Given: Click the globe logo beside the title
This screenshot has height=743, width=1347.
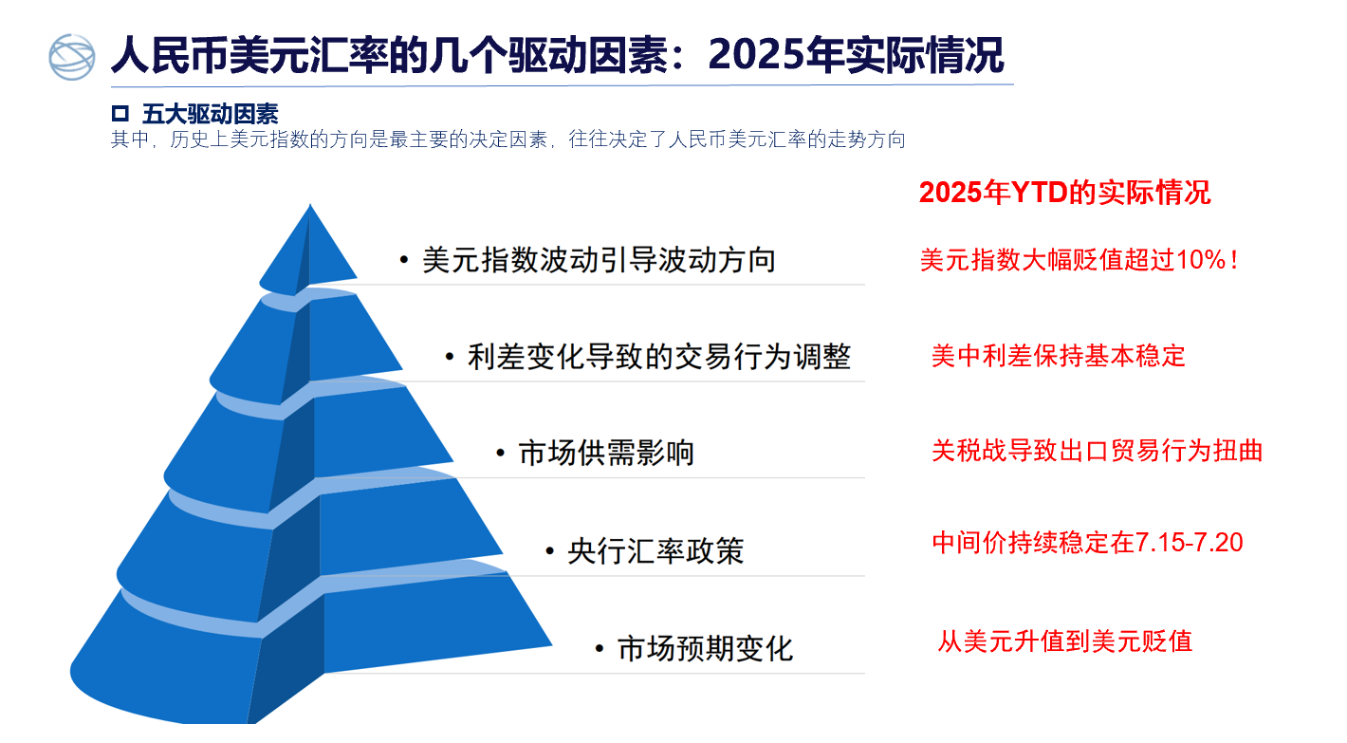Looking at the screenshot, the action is click(x=71, y=57).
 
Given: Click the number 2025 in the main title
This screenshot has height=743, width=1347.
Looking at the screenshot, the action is click(x=756, y=55).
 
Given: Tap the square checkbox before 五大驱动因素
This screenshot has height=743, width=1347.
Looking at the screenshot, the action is click(x=120, y=113).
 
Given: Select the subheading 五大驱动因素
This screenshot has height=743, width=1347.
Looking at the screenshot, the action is click(x=211, y=114).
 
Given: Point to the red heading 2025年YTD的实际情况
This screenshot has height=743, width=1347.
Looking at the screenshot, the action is click(x=1064, y=193).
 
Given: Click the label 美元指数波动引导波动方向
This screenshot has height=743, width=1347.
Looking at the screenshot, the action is click(x=599, y=260).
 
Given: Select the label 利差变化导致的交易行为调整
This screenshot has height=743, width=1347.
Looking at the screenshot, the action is click(x=659, y=356).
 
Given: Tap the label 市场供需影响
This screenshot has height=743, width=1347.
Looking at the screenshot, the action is click(x=606, y=453).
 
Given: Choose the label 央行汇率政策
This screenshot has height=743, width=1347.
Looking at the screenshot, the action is click(x=655, y=551).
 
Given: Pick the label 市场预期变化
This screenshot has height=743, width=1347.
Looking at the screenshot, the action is click(x=706, y=649).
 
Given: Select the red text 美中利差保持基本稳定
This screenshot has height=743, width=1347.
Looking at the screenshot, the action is click(x=1059, y=356).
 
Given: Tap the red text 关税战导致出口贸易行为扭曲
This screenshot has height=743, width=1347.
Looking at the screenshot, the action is click(x=1097, y=451).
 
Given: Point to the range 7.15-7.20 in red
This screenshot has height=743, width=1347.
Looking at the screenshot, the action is click(x=1189, y=543).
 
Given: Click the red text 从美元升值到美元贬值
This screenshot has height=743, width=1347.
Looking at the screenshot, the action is click(x=1065, y=641).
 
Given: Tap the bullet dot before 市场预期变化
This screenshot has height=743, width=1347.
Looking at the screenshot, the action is click(x=599, y=649).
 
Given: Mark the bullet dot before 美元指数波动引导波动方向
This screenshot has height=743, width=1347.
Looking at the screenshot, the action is click(x=403, y=260).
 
